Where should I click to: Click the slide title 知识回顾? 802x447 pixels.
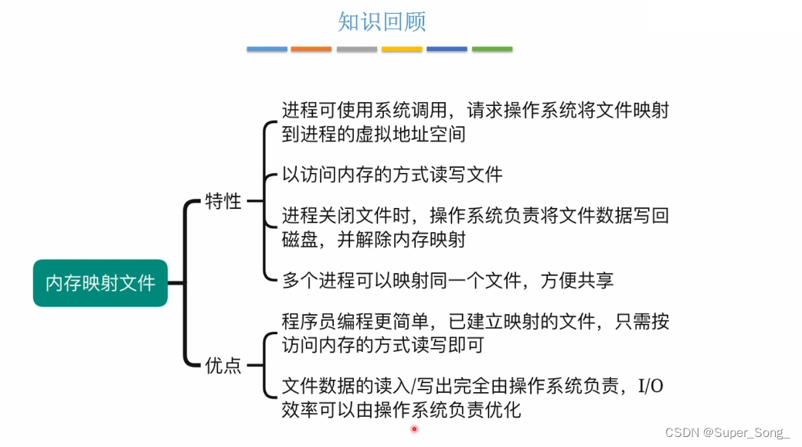[382, 21]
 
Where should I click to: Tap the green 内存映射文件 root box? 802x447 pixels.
[100, 283]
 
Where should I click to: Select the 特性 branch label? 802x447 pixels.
[223, 202]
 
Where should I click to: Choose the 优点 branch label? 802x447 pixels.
[223, 366]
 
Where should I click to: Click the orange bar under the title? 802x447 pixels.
[311, 49]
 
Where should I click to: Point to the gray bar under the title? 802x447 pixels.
[357, 49]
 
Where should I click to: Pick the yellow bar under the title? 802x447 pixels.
[402, 49]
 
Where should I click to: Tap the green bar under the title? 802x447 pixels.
[492, 49]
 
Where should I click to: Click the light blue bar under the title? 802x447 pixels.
[267, 49]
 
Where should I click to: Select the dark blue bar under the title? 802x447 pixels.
[447, 49]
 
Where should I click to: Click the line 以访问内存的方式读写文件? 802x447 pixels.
[392, 175]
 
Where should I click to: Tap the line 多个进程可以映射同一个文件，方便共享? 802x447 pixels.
[447, 280]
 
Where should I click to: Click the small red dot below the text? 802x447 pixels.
[414, 428]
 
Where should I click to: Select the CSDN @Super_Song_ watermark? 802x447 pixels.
[727, 432]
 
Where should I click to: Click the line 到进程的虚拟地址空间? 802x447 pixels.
[373, 134]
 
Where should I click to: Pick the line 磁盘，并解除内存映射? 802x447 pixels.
[373, 240]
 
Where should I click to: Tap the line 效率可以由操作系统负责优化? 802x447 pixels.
[401, 410]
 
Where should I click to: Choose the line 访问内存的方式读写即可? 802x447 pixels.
[382, 345]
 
